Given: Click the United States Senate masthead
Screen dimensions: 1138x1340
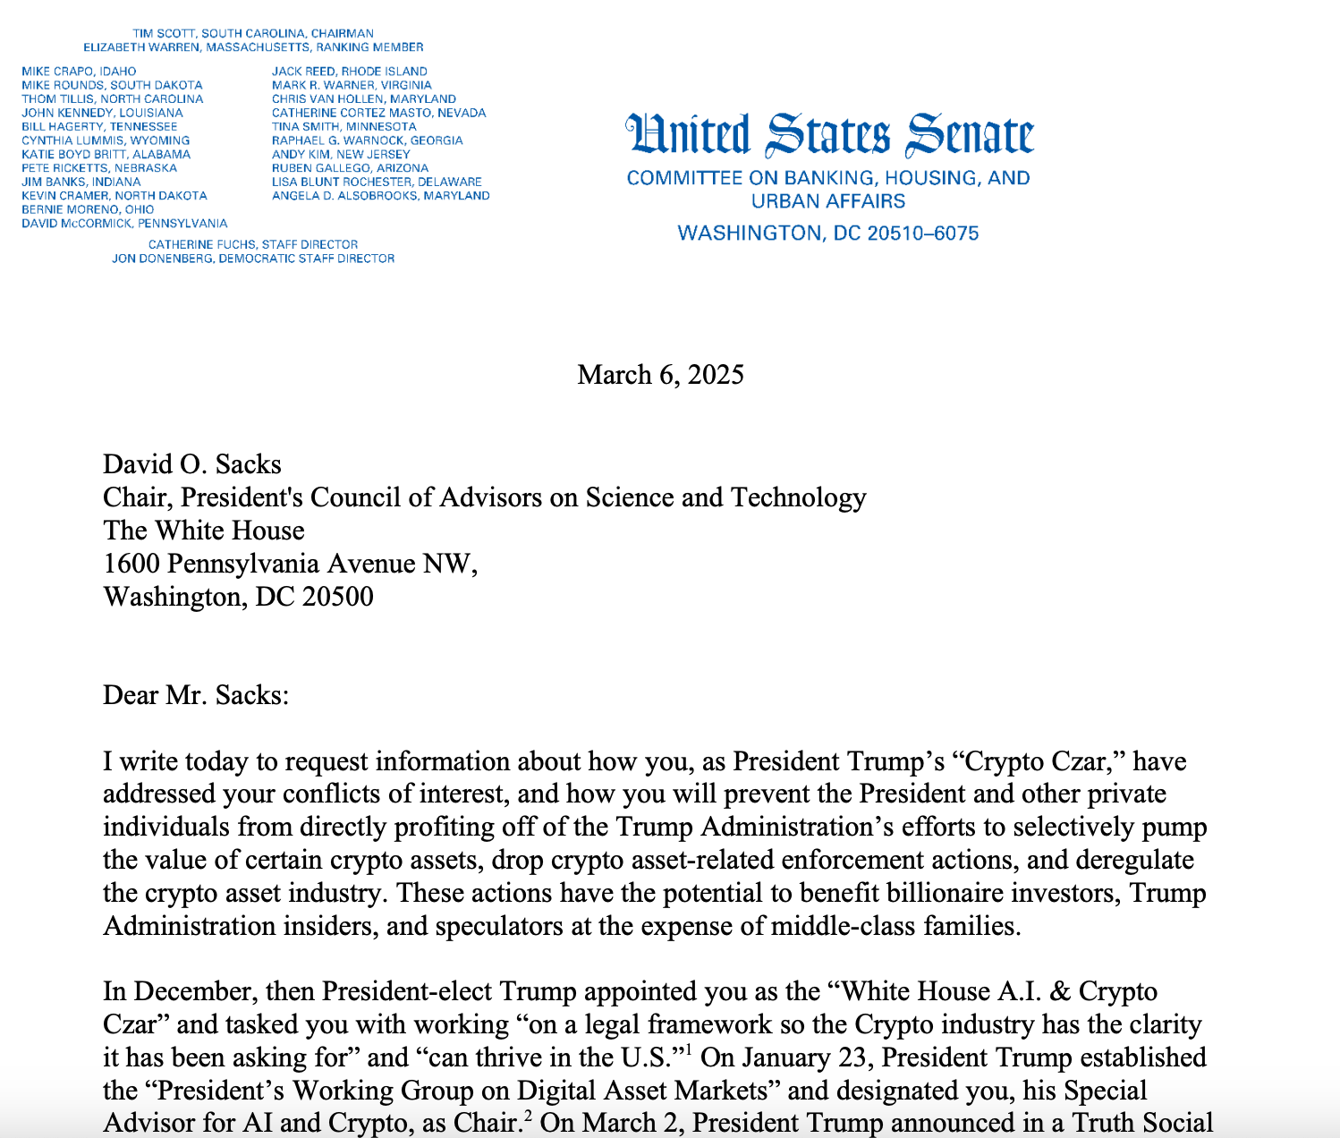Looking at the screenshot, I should pos(829,135).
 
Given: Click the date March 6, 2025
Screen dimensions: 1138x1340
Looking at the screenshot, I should pos(660,374).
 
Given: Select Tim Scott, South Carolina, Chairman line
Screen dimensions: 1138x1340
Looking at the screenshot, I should pos(253,33).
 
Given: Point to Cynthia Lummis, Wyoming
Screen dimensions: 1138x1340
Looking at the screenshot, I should pos(106,140).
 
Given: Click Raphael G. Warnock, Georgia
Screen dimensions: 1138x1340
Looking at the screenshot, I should pos(367,140).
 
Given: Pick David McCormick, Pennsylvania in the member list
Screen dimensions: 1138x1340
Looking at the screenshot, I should pos(124,223).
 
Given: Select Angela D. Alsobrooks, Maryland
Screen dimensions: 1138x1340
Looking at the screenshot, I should pos(380,195).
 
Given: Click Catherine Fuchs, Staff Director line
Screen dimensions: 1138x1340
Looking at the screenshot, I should pos(253,244).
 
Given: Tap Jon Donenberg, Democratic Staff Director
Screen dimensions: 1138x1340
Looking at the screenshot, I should pos(253,259).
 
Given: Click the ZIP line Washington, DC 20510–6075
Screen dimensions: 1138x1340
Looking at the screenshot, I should pos(828,234).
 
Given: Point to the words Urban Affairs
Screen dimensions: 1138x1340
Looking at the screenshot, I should pos(828,201).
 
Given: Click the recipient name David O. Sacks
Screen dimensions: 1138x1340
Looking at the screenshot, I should pos(192,464).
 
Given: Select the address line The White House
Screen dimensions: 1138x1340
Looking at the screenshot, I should pos(204,531).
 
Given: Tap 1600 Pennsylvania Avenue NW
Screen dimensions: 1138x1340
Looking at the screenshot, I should pos(290,564).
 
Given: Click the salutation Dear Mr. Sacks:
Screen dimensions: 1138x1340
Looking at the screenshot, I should pos(196,695).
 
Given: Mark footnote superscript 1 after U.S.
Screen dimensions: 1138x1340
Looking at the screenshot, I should pos(689,1049).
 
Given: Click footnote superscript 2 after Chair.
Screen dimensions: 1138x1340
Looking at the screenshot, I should pos(529,1115).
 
